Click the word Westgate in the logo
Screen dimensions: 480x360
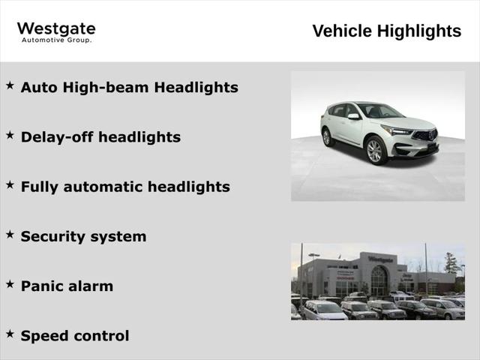[x=56, y=29]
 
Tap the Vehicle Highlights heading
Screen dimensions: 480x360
[x=387, y=31]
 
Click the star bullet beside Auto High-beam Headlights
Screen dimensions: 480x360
[x=10, y=85]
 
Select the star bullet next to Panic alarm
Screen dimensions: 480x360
[x=10, y=284]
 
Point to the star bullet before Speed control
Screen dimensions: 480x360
[x=10, y=334]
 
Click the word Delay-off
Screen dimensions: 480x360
[x=57, y=136]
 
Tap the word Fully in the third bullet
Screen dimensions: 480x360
[x=39, y=187]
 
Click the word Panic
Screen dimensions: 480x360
[x=41, y=286]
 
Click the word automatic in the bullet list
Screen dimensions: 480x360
[x=103, y=187]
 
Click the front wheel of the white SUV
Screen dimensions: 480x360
[x=375, y=151]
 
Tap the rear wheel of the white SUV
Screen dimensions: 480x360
[x=327, y=137]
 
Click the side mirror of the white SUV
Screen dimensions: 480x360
[x=353, y=116]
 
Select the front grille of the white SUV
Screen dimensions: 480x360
[x=425, y=135]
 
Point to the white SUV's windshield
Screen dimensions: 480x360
[x=382, y=111]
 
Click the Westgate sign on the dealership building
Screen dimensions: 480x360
[x=380, y=259]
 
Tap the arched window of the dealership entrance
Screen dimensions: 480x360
[x=379, y=280]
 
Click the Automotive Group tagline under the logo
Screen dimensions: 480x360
[x=57, y=40]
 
